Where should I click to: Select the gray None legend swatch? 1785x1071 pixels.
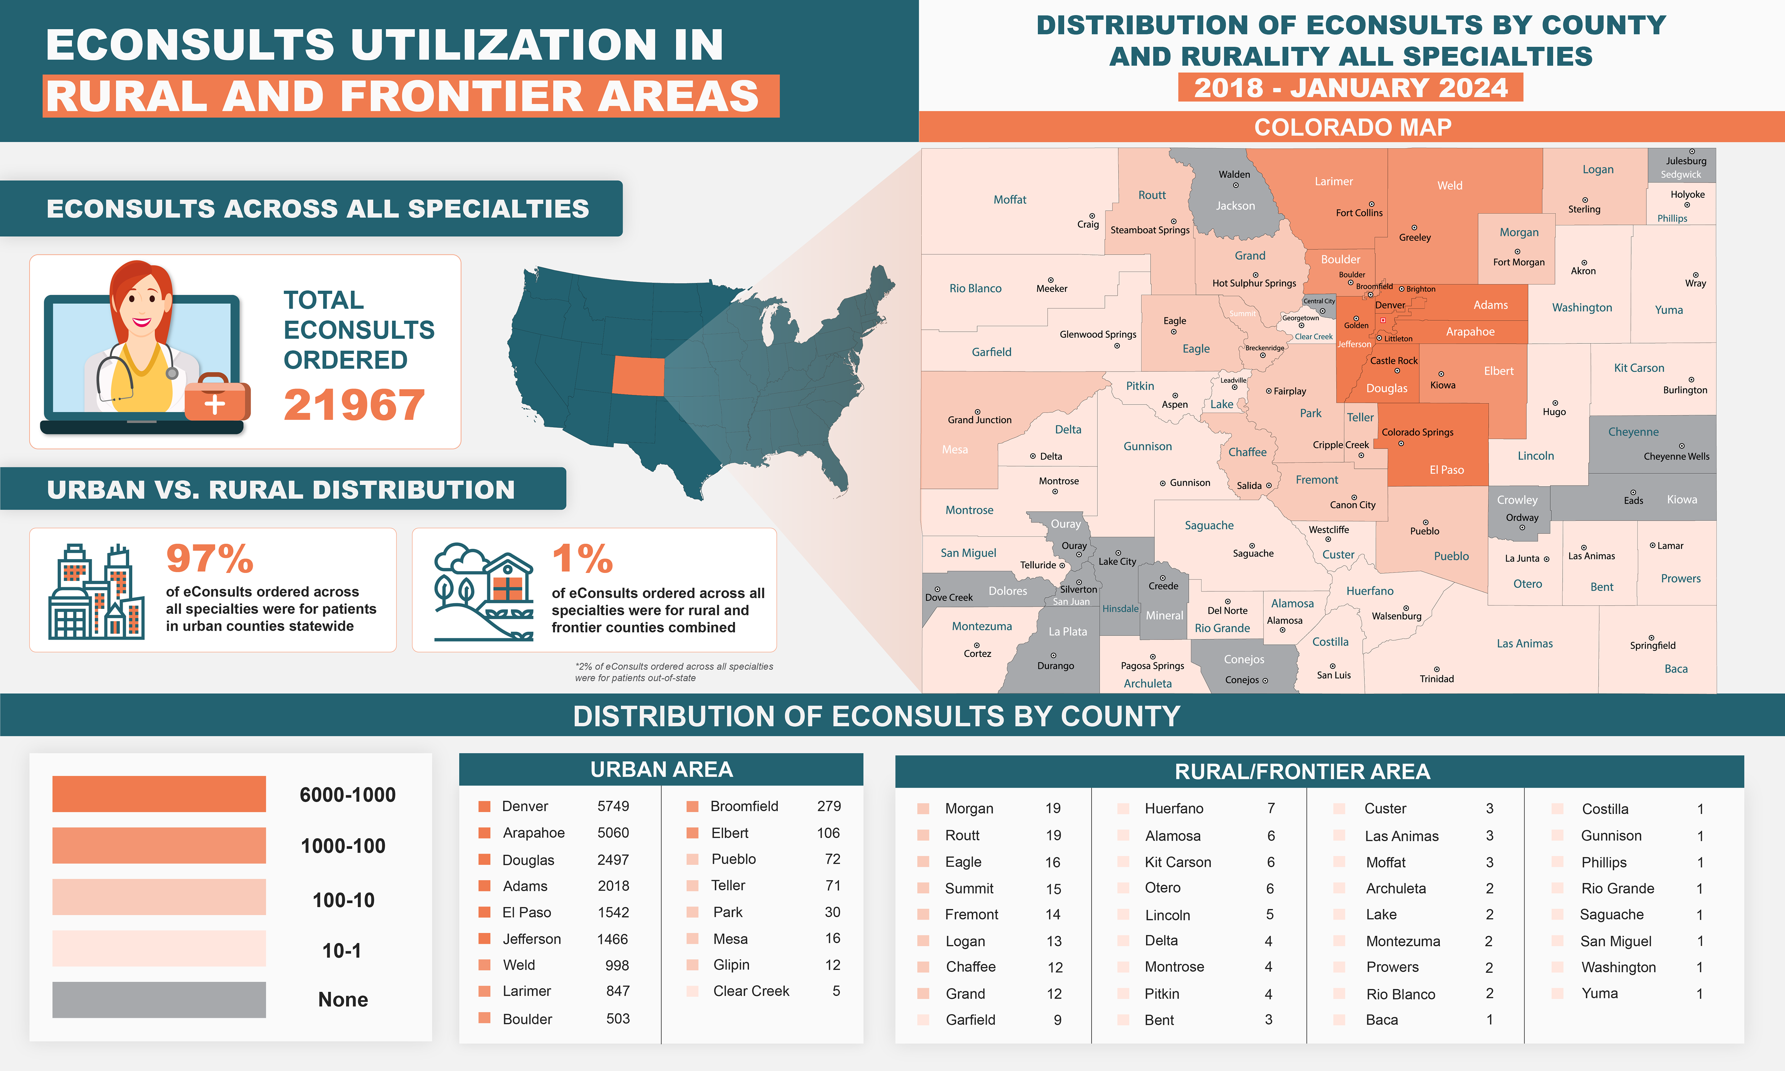click(159, 1000)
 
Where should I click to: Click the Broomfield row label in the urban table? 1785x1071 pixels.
click(744, 806)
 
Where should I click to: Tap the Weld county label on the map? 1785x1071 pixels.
click(1449, 186)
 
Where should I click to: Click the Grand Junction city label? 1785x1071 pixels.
click(979, 419)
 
